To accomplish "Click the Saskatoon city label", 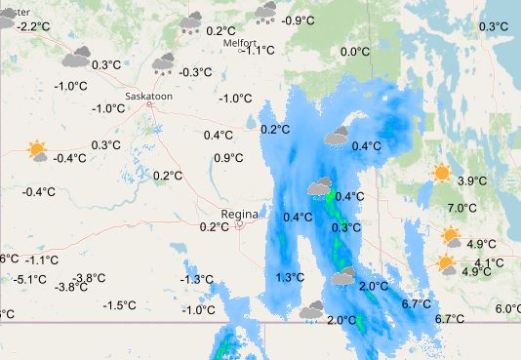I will pyautogui.click(x=150, y=96).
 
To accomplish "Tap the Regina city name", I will pyautogui.click(x=239, y=213).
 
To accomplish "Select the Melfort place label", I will pyautogui.click(x=240, y=42).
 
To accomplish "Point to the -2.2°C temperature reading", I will pyautogui.click(x=33, y=26).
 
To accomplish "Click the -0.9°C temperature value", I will pyautogui.click(x=298, y=20).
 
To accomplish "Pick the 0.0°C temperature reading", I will pyautogui.click(x=354, y=53).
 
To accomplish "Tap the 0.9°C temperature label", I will pyautogui.click(x=228, y=158).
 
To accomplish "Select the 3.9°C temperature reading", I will pyautogui.click(x=472, y=181).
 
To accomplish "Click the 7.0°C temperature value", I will pyautogui.click(x=461, y=208).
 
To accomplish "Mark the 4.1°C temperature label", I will pyautogui.click(x=489, y=263).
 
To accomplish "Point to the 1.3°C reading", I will pyautogui.click(x=290, y=278).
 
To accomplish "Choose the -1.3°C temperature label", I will pyautogui.click(x=197, y=280).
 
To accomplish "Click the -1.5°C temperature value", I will pyautogui.click(x=120, y=305).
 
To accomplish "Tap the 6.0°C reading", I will pyautogui.click(x=508, y=309).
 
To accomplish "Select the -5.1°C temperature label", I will pyautogui.click(x=30, y=280).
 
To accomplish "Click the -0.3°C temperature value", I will pyautogui.click(x=196, y=72).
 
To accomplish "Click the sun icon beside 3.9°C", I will pyautogui.click(x=442, y=174).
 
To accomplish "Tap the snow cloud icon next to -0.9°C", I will pyautogui.click(x=265, y=11).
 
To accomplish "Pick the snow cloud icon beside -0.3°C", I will pyautogui.click(x=163, y=64).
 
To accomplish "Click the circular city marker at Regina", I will pyautogui.click(x=240, y=224).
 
